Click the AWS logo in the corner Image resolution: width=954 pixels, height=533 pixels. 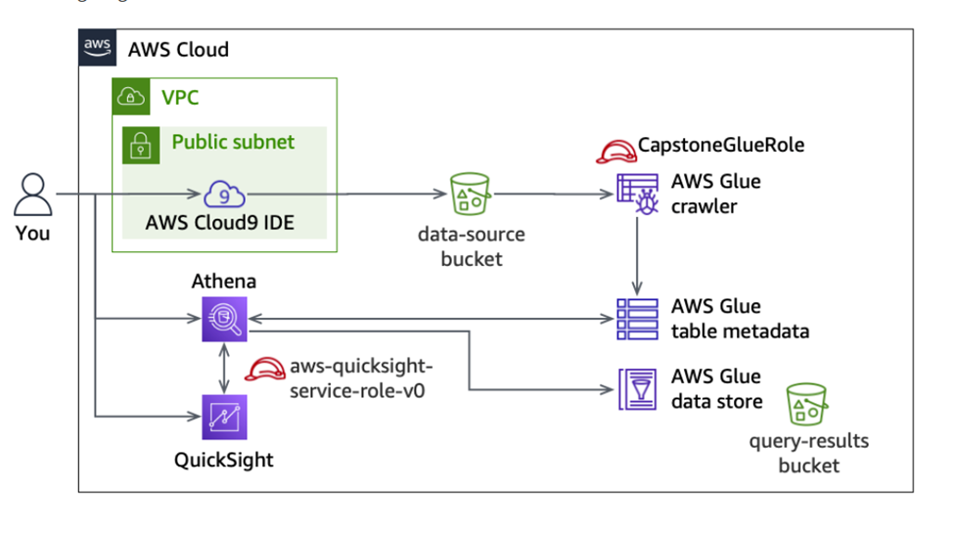pyautogui.click(x=96, y=47)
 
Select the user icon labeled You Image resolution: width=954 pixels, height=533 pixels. pyautogui.click(x=32, y=195)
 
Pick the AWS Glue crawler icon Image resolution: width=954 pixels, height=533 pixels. pyautogui.click(x=637, y=195)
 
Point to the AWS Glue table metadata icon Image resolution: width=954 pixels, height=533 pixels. pyautogui.click(x=637, y=318)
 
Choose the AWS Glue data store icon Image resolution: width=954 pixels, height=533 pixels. pyautogui.click(x=637, y=388)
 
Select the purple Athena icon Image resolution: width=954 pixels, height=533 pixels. pyautogui.click(x=225, y=318)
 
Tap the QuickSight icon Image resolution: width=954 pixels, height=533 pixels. pyautogui.click(x=225, y=418)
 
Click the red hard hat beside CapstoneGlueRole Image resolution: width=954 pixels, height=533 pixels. pyautogui.click(x=614, y=150)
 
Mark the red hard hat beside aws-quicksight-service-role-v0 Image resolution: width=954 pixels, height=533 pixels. pyautogui.click(x=263, y=369)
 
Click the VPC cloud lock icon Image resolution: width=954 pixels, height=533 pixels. pyautogui.click(x=131, y=98)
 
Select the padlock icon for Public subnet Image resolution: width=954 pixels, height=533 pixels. pyautogui.click(x=140, y=145)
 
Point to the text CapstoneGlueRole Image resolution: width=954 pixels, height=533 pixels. pyautogui.click(x=721, y=145)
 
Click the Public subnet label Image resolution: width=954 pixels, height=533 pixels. pyautogui.click(x=233, y=142)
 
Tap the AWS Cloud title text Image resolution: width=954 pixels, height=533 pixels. pyautogui.click(x=178, y=49)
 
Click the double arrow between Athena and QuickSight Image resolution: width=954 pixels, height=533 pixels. pyautogui.click(x=225, y=368)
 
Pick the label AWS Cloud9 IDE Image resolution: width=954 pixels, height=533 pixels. pyautogui.click(x=220, y=223)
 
